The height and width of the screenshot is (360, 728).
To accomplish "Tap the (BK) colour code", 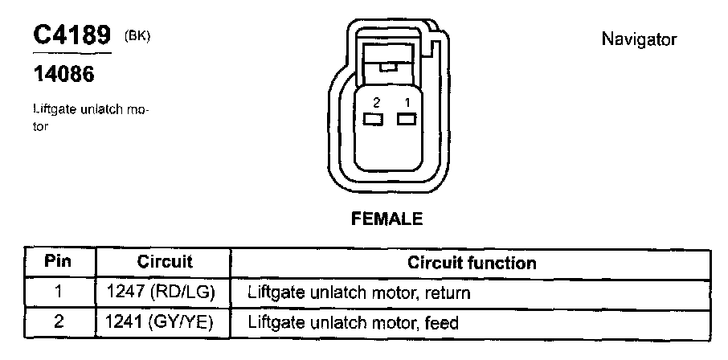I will click(x=138, y=35).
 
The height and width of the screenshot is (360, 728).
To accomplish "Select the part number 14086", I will click(x=63, y=75).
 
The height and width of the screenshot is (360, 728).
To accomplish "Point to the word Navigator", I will click(x=639, y=39).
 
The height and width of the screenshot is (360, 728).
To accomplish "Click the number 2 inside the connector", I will click(x=375, y=102).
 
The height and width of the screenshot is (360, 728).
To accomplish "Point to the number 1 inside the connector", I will click(x=407, y=102).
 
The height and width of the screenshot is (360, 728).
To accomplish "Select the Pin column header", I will click(x=58, y=263).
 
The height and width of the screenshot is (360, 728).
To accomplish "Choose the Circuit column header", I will click(x=165, y=263).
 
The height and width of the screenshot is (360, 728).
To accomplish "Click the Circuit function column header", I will click(x=472, y=263).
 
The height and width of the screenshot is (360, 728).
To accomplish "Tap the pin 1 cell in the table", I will click(x=58, y=293).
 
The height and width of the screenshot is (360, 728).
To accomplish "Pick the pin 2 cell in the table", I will click(x=58, y=323).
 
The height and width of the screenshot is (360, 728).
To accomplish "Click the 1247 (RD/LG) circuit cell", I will click(x=165, y=293).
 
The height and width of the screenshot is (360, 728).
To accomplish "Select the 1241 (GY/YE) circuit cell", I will click(x=165, y=323).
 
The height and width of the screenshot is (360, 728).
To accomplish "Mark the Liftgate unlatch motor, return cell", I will click(x=359, y=293).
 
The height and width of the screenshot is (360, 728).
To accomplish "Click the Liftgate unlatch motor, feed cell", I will click(x=354, y=323).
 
